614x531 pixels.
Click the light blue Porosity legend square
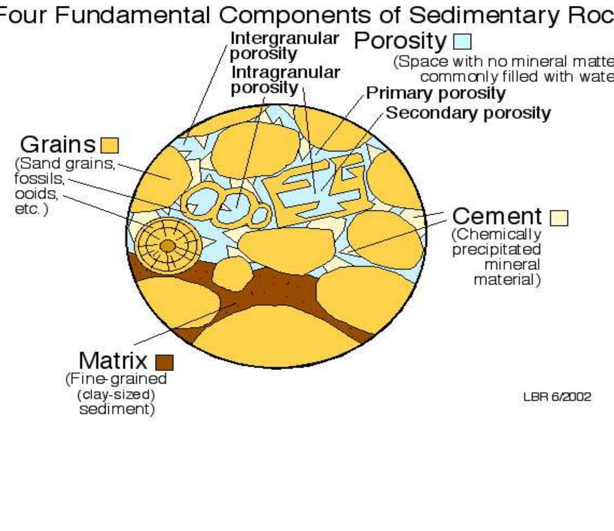pyautogui.click(x=462, y=42)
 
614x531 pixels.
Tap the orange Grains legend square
pyautogui.click(x=110, y=146)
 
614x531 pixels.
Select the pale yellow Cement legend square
pyautogui.click(x=559, y=218)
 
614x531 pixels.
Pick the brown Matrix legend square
pyautogui.click(x=164, y=362)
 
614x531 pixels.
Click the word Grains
pyautogui.click(x=58, y=145)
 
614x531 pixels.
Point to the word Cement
pyautogui.click(x=497, y=216)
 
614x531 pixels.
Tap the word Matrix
pyautogui.click(x=112, y=361)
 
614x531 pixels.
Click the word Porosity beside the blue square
pyautogui.click(x=400, y=41)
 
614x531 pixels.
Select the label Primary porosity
pyautogui.click(x=436, y=93)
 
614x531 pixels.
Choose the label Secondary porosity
pyautogui.click(x=468, y=113)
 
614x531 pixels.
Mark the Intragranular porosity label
pyautogui.click(x=285, y=80)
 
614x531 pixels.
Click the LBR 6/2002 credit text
pyautogui.click(x=557, y=397)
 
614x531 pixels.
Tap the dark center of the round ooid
pyautogui.click(x=167, y=246)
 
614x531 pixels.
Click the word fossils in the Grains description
pyautogui.click(x=39, y=179)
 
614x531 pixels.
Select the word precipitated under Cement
pyautogui.click(x=496, y=249)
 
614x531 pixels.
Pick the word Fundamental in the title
pyautogui.click(x=132, y=15)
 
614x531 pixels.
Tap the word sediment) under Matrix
pyautogui.click(x=117, y=409)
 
